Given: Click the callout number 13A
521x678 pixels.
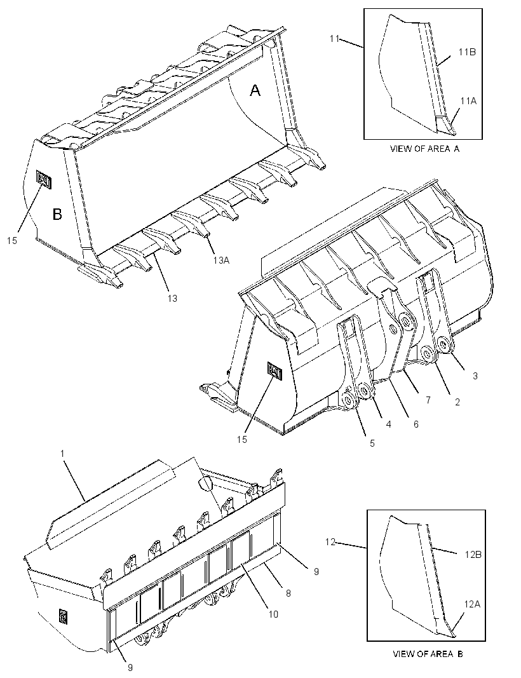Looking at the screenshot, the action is [221, 260].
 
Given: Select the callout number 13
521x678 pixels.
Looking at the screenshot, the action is [173, 298].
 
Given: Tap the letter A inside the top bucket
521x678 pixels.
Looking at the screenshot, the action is [255, 90].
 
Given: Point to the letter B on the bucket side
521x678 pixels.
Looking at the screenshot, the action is [57, 214].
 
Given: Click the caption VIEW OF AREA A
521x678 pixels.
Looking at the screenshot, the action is [424, 149].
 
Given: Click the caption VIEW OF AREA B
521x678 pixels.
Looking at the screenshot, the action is [427, 654].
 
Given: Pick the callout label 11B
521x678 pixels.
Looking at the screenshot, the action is [468, 52].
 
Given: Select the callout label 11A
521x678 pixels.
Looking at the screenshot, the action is [468, 101].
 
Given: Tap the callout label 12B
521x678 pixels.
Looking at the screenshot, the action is [473, 554].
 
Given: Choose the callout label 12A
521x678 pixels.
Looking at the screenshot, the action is [472, 604].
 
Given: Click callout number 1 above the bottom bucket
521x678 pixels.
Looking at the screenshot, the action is [62, 454].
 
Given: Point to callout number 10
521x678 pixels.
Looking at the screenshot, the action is [273, 614].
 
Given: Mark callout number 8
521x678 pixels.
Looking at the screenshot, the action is [288, 593].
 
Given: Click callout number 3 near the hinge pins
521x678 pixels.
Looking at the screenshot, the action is [475, 376].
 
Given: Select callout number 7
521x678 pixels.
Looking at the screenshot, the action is [428, 400].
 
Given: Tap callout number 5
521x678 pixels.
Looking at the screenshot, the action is [372, 443].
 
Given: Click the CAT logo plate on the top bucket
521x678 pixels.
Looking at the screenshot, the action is [44, 179].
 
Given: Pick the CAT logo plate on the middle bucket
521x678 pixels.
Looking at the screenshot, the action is [275, 371].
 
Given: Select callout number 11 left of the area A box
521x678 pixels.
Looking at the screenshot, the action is [334, 39].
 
